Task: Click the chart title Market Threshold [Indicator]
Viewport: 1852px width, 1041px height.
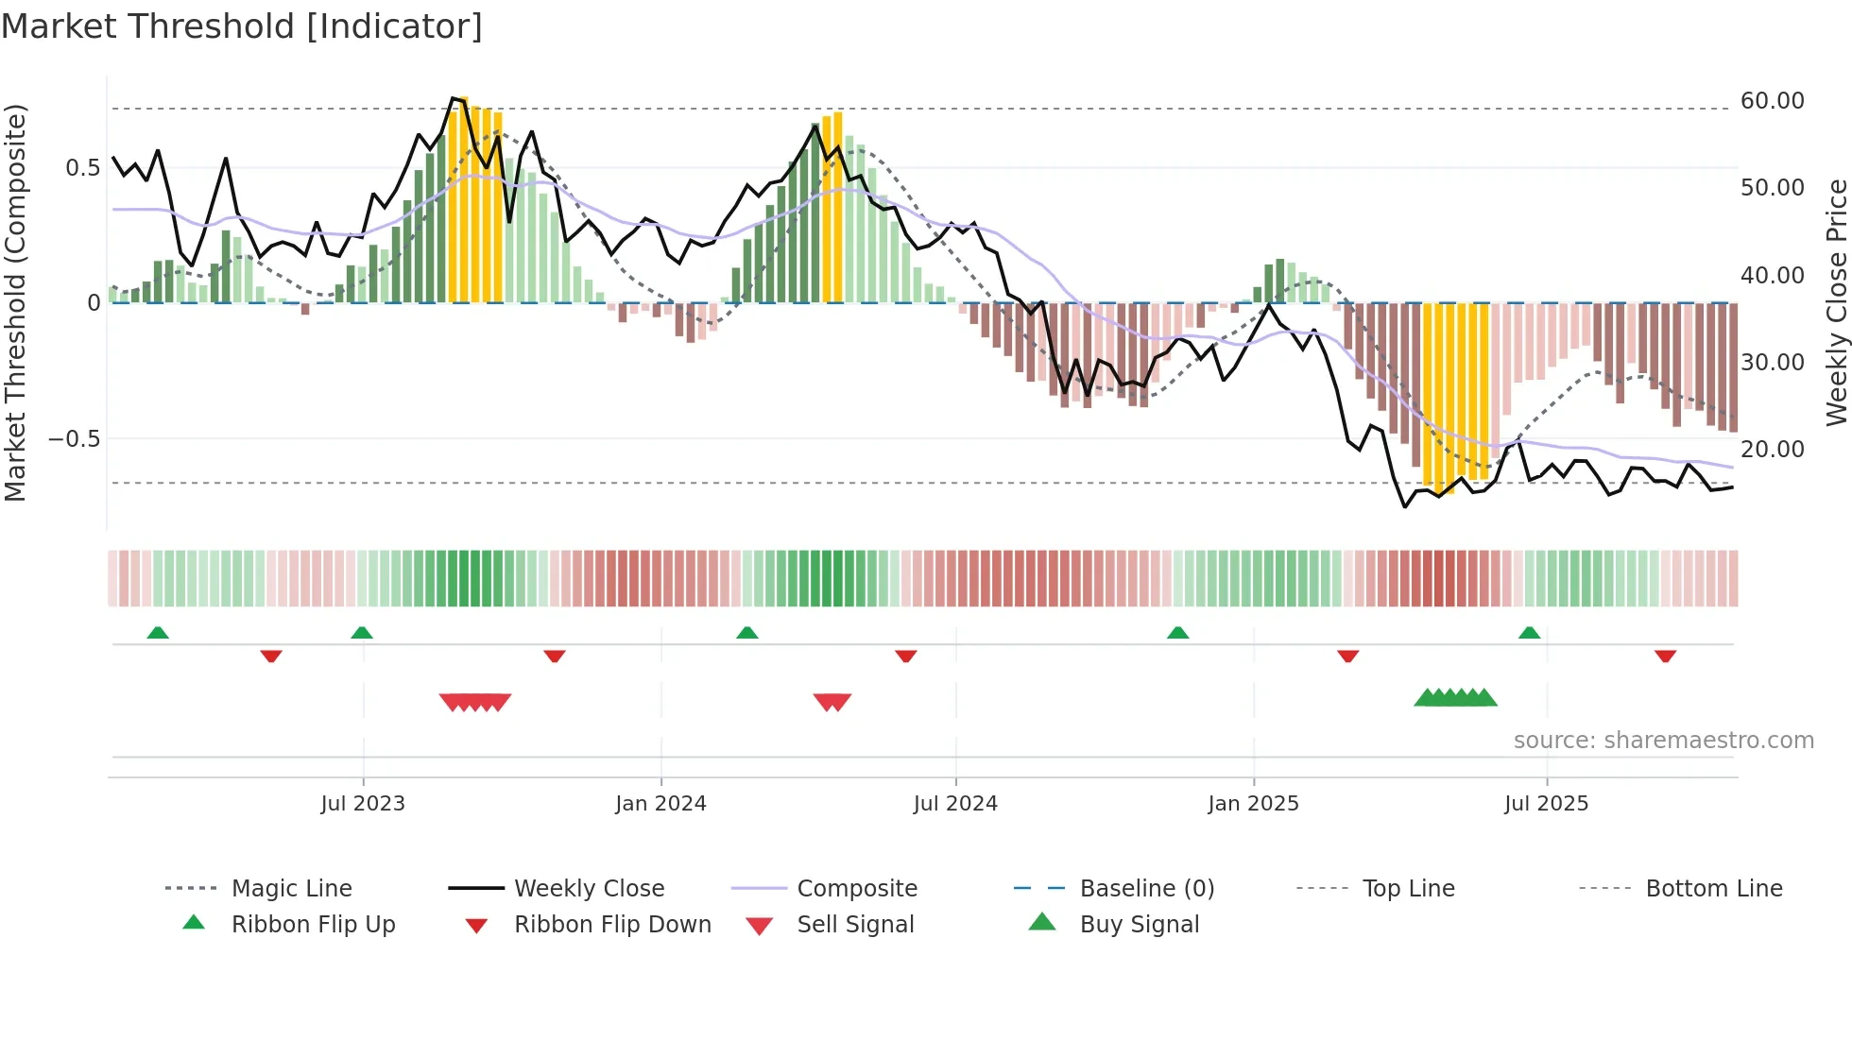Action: (x=242, y=26)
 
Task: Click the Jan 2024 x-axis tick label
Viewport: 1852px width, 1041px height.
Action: (x=660, y=804)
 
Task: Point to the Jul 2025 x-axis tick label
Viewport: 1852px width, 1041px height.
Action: (x=1546, y=804)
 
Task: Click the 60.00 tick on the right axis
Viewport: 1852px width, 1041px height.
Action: (x=1772, y=101)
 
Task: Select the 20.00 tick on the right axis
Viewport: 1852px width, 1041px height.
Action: (x=1772, y=450)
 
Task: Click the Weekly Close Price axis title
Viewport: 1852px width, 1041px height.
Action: (x=1836, y=302)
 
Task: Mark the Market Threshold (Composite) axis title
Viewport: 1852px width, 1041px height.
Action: (x=15, y=302)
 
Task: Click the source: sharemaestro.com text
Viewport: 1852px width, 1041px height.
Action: (x=1663, y=741)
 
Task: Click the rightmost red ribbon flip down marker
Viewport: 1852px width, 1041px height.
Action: (x=1665, y=656)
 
